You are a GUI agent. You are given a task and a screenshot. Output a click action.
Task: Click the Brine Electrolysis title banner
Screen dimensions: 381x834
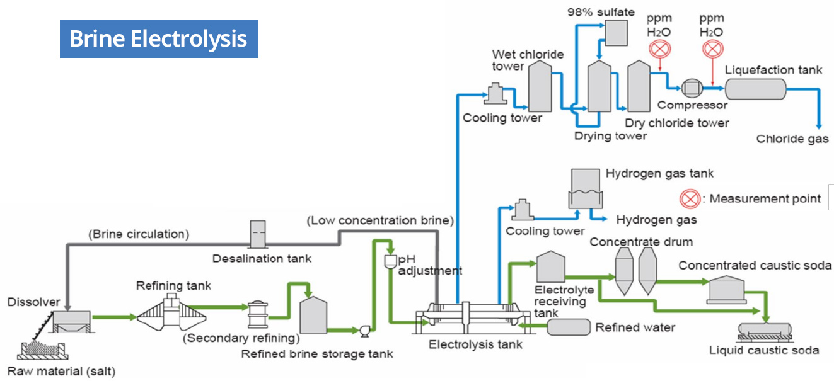(x=158, y=39)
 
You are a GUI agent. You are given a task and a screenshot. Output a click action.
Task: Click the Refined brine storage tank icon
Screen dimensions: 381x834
(x=313, y=315)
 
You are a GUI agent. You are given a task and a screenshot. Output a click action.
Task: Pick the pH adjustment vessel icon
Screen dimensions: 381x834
(x=390, y=259)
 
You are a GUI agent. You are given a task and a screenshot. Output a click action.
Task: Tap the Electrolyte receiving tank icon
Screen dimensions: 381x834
(x=550, y=268)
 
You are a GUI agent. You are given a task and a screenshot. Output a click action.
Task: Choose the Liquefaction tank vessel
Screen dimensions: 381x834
(x=755, y=88)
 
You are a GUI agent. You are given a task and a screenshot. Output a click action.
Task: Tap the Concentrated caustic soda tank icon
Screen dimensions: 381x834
(x=729, y=289)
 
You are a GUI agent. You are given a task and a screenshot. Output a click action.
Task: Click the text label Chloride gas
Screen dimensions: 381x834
(x=792, y=139)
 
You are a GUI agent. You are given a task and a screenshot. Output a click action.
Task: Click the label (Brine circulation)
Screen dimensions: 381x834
(x=139, y=234)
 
